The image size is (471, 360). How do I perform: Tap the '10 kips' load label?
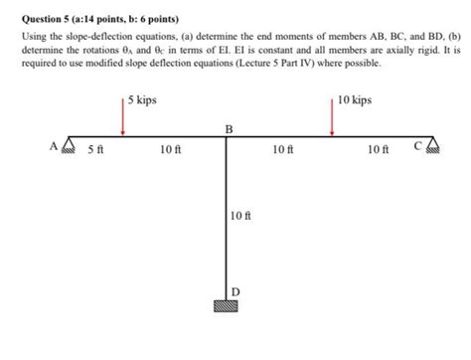(355, 100)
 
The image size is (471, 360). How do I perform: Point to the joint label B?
(229, 129)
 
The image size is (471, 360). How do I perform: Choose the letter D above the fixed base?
(235, 290)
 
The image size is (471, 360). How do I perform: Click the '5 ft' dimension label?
(95, 150)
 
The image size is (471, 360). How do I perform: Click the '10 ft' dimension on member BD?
(239, 216)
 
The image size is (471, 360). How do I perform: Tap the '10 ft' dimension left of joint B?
(170, 150)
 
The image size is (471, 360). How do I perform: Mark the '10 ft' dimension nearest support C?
(377, 150)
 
